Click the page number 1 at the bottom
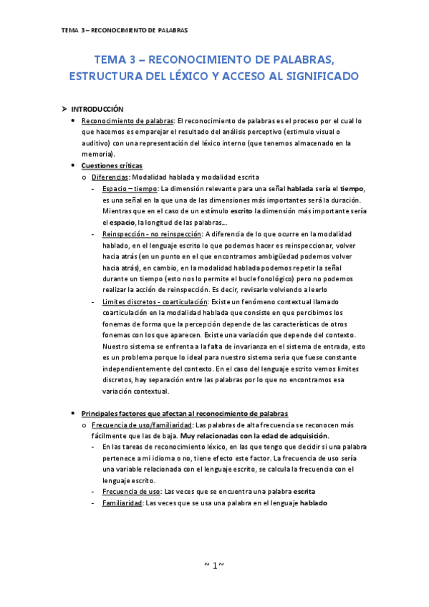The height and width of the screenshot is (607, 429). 214,565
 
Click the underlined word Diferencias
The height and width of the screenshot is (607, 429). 110,177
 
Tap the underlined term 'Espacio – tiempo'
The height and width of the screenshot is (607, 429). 131,188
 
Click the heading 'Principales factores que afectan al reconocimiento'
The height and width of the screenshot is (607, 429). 185,414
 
